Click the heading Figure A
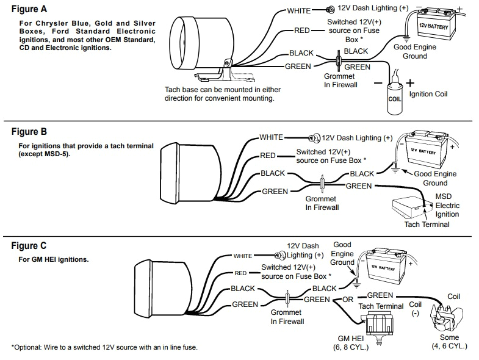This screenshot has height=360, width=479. click(29, 9)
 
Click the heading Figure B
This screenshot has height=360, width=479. click(29, 132)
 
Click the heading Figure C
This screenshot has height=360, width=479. click(29, 246)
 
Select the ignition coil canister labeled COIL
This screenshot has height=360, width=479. click(395, 98)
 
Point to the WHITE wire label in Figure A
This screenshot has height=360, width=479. click(299, 10)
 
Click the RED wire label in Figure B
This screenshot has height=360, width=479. click(268, 156)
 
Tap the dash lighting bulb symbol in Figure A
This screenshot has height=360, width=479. click(329, 10)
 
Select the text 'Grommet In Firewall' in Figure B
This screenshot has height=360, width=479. click(321, 203)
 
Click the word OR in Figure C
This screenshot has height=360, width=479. click(348, 300)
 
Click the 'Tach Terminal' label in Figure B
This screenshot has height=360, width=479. click(427, 225)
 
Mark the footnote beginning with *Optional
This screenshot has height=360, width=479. click(104, 347)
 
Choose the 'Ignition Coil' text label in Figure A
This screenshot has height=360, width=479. click(428, 95)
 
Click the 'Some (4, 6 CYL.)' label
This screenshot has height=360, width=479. click(450, 342)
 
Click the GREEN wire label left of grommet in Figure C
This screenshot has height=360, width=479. click(244, 304)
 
